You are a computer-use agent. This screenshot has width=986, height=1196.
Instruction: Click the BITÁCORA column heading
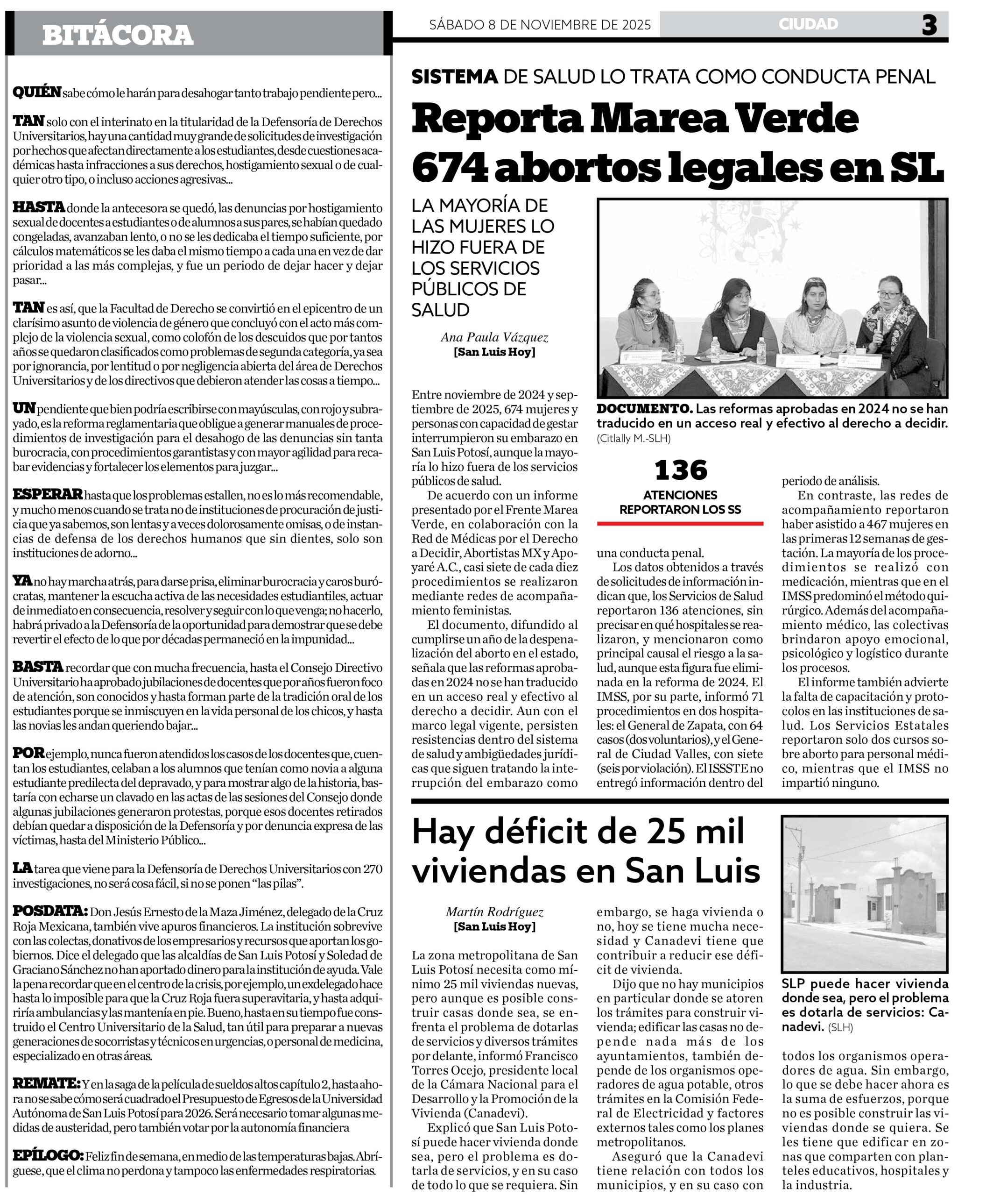tap(118, 35)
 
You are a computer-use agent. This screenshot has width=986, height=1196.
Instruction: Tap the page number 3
tap(929, 25)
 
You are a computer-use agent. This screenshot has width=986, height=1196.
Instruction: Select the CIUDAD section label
tap(808, 24)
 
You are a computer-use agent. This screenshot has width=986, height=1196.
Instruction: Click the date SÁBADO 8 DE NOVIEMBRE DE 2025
tap(540, 25)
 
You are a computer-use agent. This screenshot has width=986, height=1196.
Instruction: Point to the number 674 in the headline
tap(448, 168)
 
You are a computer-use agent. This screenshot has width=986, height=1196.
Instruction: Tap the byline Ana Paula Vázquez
tap(494, 338)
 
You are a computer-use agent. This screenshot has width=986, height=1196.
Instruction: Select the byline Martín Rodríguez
tap(494, 912)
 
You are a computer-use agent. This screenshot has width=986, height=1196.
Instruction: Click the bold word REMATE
tap(47, 1083)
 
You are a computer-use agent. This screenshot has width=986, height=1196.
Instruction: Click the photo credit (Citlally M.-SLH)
tap(633, 438)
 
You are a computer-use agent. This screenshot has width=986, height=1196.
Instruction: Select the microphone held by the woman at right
tap(879, 324)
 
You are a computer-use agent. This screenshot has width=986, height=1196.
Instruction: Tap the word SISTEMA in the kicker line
tap(454, 77)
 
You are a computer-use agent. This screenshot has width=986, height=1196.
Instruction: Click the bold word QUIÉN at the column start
tap(37, 92)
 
